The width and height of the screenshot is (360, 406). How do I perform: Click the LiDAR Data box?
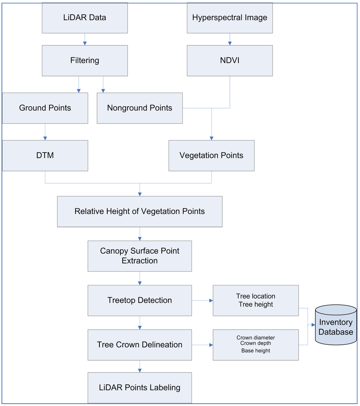coord(84,18)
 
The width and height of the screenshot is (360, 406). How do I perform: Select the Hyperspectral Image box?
coord(230,18)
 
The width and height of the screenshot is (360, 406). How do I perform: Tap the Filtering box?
coord(84,61)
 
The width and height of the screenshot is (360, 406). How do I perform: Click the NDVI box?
coord(230,61)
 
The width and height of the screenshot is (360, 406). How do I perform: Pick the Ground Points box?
coord(45,108)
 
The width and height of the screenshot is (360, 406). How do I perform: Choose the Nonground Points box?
coord(140,108)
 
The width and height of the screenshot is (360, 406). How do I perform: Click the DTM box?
coord(45,156)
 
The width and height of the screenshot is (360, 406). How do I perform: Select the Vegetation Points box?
coord(211,156)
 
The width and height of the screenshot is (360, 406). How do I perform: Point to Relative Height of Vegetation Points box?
coord(140,211)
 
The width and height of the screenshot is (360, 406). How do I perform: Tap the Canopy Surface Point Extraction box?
coord(140,256)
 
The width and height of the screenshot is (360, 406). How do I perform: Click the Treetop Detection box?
coord(140,300)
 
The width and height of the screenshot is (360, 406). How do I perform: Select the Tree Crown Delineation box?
coord(140,345)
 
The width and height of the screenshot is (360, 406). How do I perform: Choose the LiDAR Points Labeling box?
coord(140,388)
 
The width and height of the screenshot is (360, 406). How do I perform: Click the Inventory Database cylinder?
coord(336,325)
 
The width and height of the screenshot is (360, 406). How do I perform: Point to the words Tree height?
coord(256,304)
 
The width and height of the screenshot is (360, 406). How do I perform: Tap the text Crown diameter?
coord(256,338)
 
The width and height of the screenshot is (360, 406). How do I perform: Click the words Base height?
coord(256,351)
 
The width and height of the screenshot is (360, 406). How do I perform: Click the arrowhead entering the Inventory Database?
coord(313,325)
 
